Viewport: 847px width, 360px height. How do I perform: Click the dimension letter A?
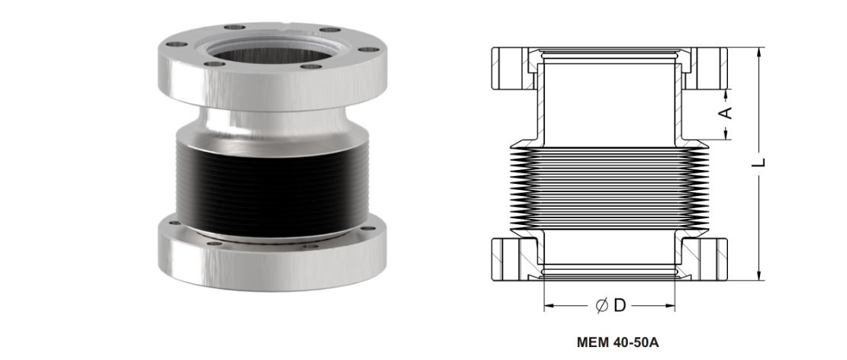click(x=727, y=112)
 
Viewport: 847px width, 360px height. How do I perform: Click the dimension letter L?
click(x=759, y=162)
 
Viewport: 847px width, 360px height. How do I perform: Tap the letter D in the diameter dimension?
click(x=620, y=306)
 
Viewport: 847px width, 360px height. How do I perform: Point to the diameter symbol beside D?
click(x=602, y=306)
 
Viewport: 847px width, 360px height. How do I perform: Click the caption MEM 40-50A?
click(x=617, y=342)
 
